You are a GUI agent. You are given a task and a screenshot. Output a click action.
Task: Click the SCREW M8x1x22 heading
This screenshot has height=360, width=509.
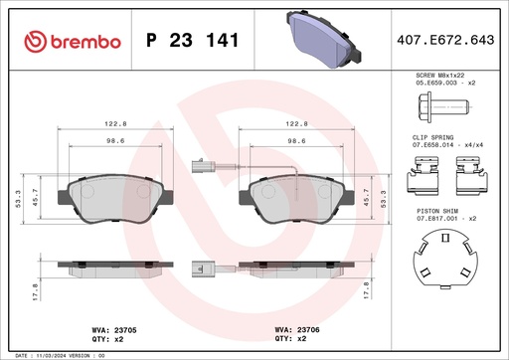pos(438,75)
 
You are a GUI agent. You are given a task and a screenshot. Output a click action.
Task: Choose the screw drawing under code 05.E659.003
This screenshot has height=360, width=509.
pos(428,106)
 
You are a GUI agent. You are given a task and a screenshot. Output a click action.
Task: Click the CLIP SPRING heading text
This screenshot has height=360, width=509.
pos(433,136)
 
